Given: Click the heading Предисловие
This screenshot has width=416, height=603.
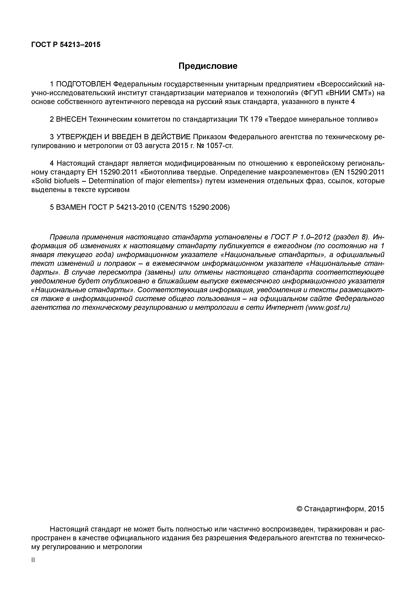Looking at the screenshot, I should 208,66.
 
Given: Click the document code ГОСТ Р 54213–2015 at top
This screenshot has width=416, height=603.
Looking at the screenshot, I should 66,45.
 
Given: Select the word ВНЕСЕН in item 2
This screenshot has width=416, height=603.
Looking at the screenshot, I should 71,119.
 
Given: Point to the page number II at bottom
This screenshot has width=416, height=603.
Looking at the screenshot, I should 33,560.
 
